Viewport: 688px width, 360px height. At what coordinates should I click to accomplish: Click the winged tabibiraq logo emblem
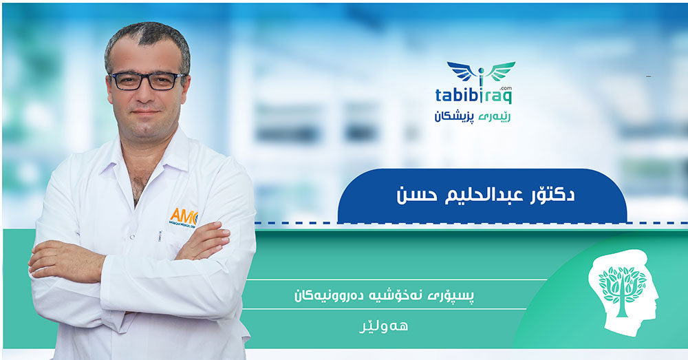pos(481,72)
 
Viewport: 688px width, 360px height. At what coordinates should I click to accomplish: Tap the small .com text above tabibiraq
pos(506,88)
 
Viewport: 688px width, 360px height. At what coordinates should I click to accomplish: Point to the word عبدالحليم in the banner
pos(484,195)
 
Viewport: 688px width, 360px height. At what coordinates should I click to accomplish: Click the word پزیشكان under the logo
pos(454,116)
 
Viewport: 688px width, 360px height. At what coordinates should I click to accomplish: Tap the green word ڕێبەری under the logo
pos(495,116)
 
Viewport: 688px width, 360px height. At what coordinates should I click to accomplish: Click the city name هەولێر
pos(383,326)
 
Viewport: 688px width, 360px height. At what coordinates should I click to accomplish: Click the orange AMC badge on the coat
pos(184,216)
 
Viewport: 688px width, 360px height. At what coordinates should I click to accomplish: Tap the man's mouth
pos(145,113)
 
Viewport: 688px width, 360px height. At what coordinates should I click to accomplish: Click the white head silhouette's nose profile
pos(655,292)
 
